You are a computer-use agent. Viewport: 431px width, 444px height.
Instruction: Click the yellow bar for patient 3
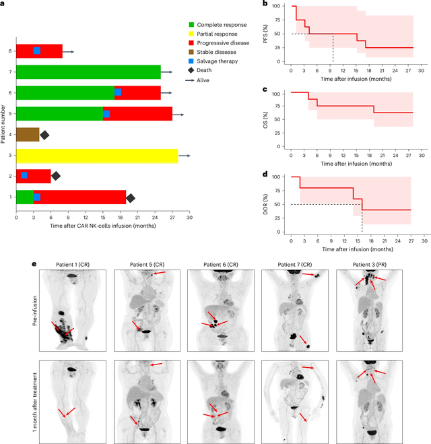point(97,155)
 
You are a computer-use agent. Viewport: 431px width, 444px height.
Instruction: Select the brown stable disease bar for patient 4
point(28,134)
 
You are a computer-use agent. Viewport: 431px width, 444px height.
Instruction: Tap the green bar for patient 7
point(88,71)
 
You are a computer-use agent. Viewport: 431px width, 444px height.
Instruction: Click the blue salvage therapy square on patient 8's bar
point(37,51)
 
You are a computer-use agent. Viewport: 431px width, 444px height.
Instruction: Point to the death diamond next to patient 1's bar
point(131,197)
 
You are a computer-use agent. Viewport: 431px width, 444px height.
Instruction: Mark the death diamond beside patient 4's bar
point(44,135)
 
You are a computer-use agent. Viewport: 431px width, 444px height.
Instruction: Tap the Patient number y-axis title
point(5,124)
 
